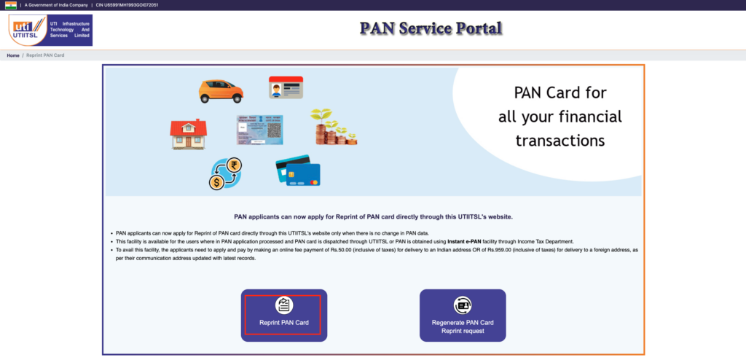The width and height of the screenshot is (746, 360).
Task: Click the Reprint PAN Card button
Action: tap(284, 316)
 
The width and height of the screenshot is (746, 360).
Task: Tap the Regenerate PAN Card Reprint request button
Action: tap(463, 316)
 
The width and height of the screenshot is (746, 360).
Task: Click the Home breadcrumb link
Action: tap(13, 55)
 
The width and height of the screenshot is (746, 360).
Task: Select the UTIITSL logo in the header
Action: tap(50, 30)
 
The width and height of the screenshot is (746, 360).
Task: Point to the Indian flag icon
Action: tap(11, 5)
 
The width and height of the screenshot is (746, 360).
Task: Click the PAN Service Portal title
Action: tap(431, 28)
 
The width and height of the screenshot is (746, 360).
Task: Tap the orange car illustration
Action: tap(221, 91)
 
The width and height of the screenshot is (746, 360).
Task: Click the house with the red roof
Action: tap(189, 134)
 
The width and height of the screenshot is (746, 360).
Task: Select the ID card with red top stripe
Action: tap(286, 87)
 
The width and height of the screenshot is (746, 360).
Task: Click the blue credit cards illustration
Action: tap(298, 171)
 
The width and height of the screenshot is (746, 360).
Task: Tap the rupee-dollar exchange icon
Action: tap(225, 174)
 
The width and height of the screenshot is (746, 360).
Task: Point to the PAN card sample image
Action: tap(260, 130)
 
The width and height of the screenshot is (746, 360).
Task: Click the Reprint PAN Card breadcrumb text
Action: tap(45, 55)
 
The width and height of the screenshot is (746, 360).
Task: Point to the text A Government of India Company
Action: tap(56, 5)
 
